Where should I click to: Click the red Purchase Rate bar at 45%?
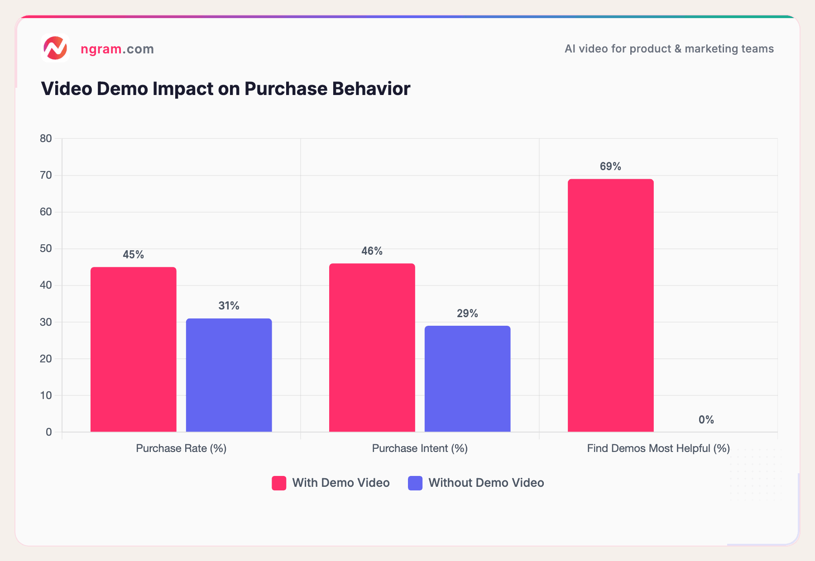click(x=133, y=349)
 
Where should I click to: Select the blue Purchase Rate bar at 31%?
click(x=229, y=375)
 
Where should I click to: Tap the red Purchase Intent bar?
click(x=372, y=347)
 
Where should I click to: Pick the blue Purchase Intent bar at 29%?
click(x=467, y=379)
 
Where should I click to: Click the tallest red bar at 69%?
click(x=610, y=305)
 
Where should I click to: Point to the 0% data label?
click(x=706, y=420)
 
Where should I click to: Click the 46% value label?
click(x=372, y=251)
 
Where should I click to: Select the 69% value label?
click(x=610, y=166)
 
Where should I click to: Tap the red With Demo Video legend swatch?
click(x=279, y=483)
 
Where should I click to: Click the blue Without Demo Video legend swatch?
click(x=415, y=483)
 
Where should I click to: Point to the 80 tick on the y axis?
click(x=46, y=138)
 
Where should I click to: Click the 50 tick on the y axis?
click(x=46, y=248)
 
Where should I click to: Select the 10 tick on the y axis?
click(x=46, y=395)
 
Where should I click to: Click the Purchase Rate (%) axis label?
click(x=181, y=448)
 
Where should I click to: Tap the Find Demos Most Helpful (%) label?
click(x=658, y=448)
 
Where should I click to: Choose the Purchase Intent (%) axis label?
click(x=420, y=448)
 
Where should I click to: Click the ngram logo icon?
click(x=55, y=48)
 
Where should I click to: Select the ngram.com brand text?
click(x=117, y=49)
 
